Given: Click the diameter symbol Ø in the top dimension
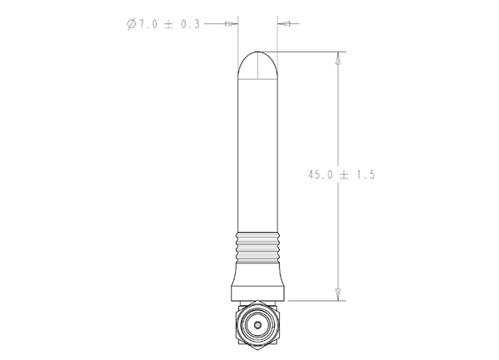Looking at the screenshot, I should coord(132,24).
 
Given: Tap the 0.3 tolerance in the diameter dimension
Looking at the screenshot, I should coord(189,24).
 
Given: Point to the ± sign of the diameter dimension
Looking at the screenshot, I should coord(169,24).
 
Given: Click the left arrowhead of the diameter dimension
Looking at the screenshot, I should coord(232,24).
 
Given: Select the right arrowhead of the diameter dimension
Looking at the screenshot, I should coord(285,24).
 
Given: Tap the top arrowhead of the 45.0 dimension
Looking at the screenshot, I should coord(338,59).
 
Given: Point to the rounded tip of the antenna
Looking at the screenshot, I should coord(258,62).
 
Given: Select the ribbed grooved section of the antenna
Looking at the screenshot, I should coord(258,246).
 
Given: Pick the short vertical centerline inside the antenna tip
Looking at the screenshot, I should coord(258,66).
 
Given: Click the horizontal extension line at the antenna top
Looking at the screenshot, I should coord(307,52).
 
